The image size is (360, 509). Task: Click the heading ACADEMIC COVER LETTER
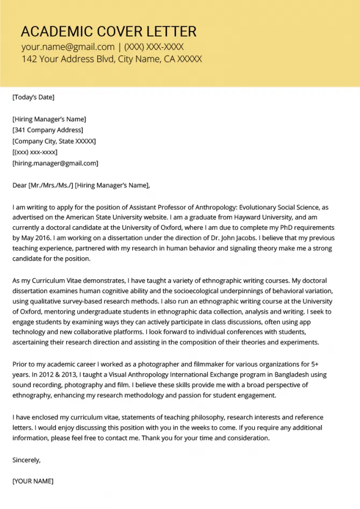(109, 31)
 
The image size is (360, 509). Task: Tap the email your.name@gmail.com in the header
(68, 47)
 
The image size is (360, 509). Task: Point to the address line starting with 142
(112, 59)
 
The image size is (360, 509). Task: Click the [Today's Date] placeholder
(33, 97)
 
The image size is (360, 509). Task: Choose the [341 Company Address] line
(48, 130)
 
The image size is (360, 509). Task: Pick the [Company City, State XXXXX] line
(54, 141)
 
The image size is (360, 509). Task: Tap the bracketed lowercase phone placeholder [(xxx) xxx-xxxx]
(35, 152)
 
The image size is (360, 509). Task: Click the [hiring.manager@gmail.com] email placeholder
(55, 163)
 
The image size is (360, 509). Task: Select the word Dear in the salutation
(20, 185)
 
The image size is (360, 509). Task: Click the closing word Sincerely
(26, 460)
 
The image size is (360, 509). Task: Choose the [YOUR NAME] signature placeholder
(33, 481)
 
